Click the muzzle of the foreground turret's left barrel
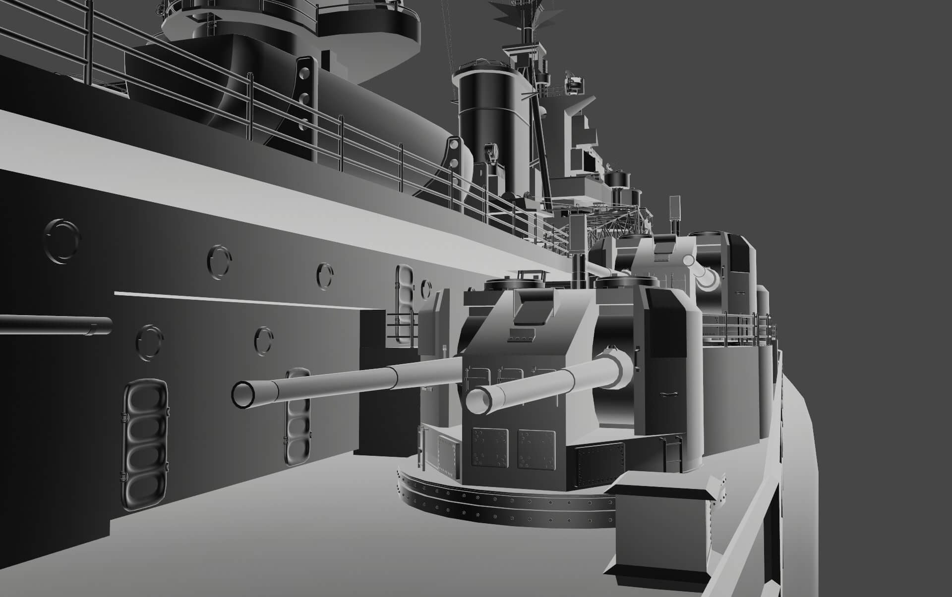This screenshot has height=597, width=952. (x=243, y=394)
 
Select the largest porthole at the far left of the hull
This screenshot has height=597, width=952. (x=61, y=241)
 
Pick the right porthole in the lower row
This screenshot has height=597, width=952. (x=263, y=340)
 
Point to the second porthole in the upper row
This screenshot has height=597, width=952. (x=219, y=262)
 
